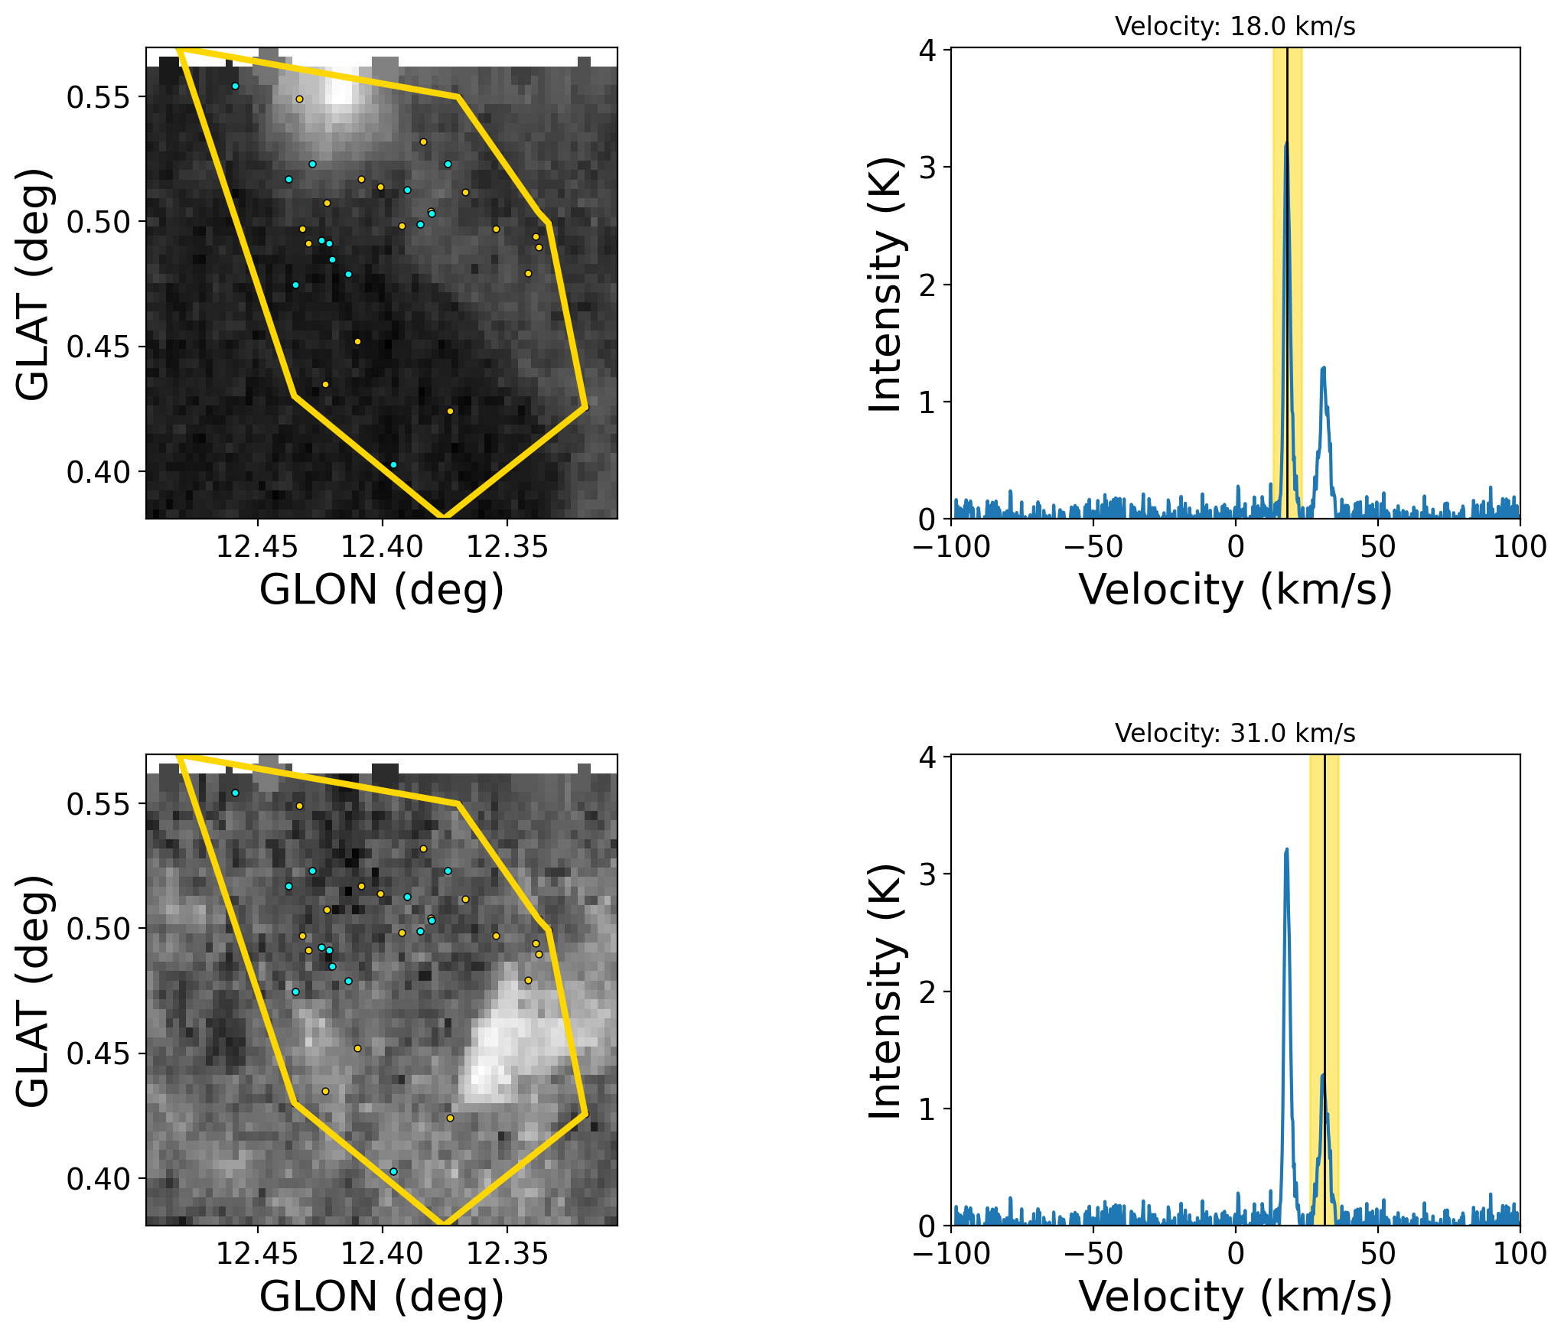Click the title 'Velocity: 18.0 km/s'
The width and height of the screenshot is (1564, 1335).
(x=1234, y=27)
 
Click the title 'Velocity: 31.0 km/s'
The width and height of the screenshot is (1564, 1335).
(x=1234, y=734)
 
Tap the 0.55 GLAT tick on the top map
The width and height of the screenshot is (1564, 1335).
(x=98, y=97)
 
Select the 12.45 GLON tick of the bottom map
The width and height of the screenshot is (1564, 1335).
(x=257, y=1253)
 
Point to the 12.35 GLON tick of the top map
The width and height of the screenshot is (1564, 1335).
(x=507, y=546)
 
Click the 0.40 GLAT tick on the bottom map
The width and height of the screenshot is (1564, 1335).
(x=98, y=1179)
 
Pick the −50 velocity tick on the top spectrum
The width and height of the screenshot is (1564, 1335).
(x=1093, y=546)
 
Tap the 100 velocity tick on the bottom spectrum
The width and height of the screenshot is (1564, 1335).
(x=1520, y=1253)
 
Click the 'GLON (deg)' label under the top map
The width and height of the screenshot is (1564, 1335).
(x=382, y=590)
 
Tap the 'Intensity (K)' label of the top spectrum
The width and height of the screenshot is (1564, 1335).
(x=886, y=285)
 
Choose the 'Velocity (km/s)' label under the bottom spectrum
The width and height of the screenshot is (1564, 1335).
(x=1235, y=1297)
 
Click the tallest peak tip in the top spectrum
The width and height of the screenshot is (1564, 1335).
(x=1286, y=142)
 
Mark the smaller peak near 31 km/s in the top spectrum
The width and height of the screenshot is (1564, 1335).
(x=1323, y=368)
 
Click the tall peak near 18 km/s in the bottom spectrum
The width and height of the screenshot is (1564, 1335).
(x=1286, y=849)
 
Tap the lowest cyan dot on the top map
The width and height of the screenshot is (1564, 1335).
(x=393, y=464)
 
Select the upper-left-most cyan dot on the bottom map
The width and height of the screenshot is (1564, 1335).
(x=235, y=793)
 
